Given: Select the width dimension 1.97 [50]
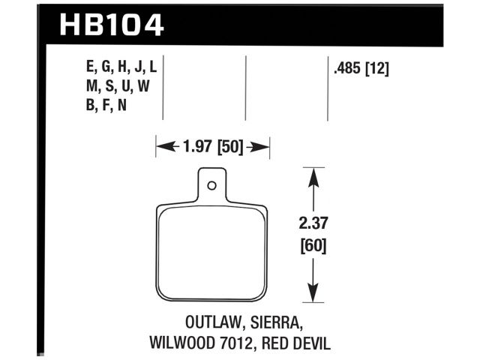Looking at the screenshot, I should coord(212,147).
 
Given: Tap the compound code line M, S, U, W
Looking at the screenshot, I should coord(118,86).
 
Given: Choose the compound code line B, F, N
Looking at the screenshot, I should coord(106,105).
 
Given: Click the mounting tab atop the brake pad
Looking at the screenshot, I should coord(212,186).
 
